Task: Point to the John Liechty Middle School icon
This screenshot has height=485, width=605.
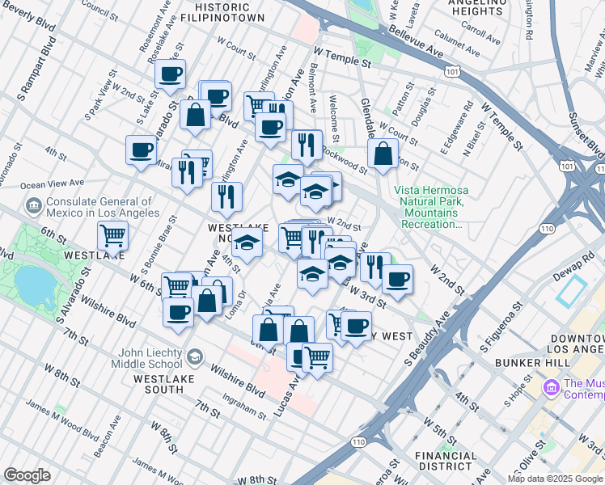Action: click(194, 356)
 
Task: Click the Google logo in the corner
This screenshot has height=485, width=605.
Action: click(27, 475)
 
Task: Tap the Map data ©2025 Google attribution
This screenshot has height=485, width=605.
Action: click(555, 479)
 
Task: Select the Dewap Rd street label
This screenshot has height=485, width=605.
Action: click(578, 259)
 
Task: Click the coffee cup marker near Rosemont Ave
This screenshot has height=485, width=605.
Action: click(171, 75)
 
